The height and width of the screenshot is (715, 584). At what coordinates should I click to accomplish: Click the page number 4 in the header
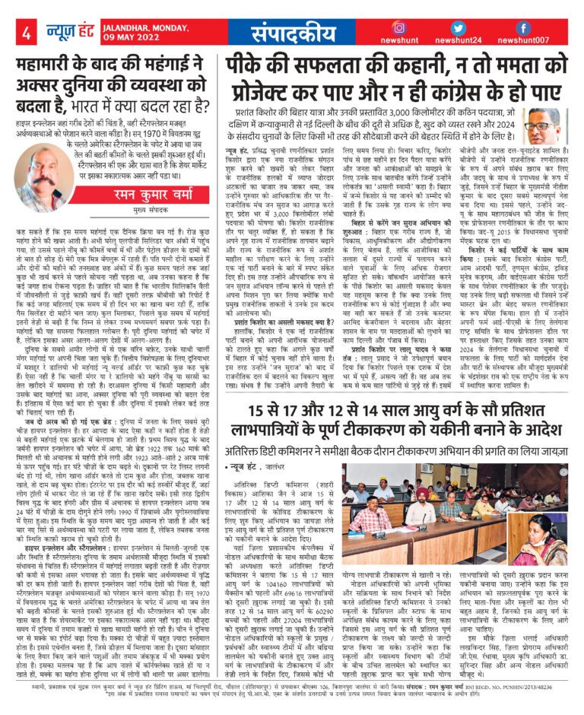[26, 33]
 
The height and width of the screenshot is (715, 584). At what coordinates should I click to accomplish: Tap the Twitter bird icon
[457, 27]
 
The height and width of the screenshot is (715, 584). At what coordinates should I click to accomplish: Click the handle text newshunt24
[458, 41]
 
